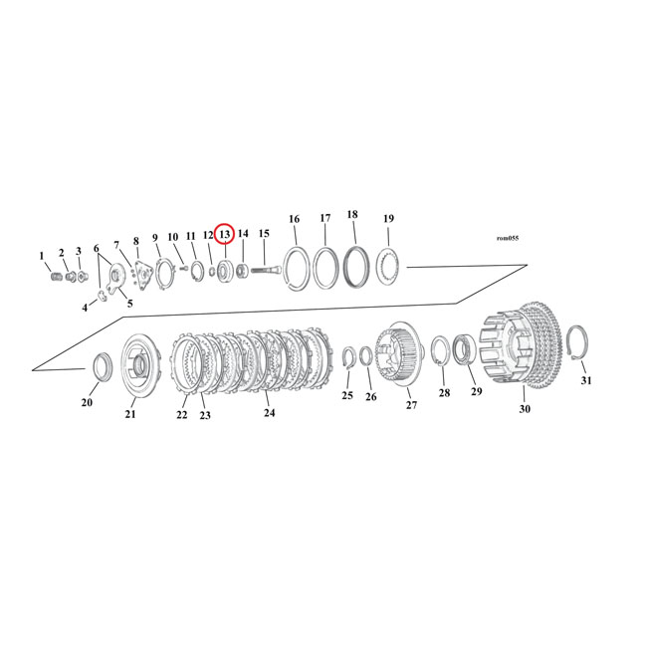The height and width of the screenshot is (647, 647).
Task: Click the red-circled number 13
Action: (x=225, y=234)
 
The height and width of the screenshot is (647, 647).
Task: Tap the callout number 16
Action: (x=294, y=219)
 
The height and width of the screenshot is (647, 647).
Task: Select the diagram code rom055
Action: (x=507, y=239)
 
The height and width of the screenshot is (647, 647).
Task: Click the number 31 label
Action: (x=586, y=381)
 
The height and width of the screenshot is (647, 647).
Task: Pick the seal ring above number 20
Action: (x=103, y=366)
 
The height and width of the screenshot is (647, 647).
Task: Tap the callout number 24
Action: (x=268, y=411)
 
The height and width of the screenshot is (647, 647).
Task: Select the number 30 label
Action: (x=525, y=409)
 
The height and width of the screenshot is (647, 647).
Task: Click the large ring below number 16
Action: (x=296, y=269)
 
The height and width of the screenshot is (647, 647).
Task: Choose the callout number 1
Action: (x=42, y=256)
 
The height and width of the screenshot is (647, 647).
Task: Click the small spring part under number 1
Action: (x=56, y=276)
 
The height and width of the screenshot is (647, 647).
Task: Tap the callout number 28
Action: (x=444, y=392)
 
